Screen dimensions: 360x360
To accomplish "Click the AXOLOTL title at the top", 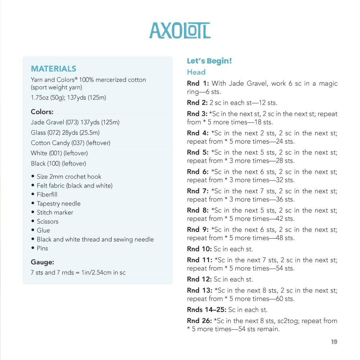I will click(180, 31).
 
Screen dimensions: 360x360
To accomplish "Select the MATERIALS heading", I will click(54, 69).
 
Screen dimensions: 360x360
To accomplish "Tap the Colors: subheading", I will click(42, 112).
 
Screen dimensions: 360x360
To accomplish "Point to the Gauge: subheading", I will click(42, 262).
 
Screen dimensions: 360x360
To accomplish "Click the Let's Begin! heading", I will click(210, 61).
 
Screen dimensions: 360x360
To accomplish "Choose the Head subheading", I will click(196, 72).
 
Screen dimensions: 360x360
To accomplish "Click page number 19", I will click(334, 342).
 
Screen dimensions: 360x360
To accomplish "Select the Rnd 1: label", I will click(198, 84).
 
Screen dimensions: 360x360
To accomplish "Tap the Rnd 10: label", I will click(199, 249).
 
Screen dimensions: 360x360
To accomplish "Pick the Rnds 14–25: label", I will click(207, 310).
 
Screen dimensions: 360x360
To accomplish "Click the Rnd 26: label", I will click(199, 321).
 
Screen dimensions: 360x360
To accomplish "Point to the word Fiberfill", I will click(47, 194).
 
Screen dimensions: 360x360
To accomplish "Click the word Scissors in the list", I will click(48, 221).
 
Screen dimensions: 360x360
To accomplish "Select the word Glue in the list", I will click(43, 230).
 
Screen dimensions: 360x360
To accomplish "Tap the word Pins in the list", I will click(42, 248).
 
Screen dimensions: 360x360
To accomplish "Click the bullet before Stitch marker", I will click(33, 212).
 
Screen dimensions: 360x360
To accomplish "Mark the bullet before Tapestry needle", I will click(33, 203).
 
